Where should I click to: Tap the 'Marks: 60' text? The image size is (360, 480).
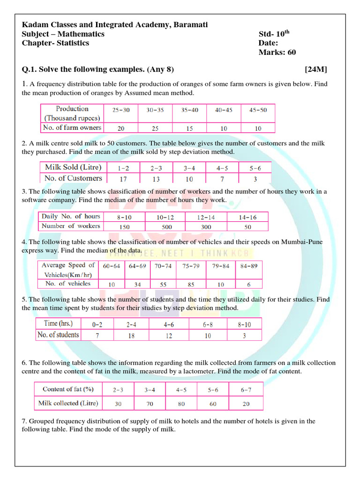[277, 52]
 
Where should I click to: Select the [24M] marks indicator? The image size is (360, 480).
[316, 69]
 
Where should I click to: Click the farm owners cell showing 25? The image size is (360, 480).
[155, 128]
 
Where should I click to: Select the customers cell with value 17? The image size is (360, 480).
[124, 179]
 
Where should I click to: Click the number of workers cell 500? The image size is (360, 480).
[165, 227]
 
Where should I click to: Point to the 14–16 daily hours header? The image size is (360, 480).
[247, 217]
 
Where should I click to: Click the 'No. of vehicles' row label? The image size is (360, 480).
[68, 284]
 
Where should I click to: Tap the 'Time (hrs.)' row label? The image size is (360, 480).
[58, 323]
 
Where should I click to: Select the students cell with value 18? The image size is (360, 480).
[131, 336]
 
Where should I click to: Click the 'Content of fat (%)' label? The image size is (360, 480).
[68, 389]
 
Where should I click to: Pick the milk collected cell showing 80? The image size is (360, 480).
[181, 404]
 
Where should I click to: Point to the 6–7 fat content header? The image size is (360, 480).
[246, 390]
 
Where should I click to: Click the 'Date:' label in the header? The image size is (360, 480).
[269, 43]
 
